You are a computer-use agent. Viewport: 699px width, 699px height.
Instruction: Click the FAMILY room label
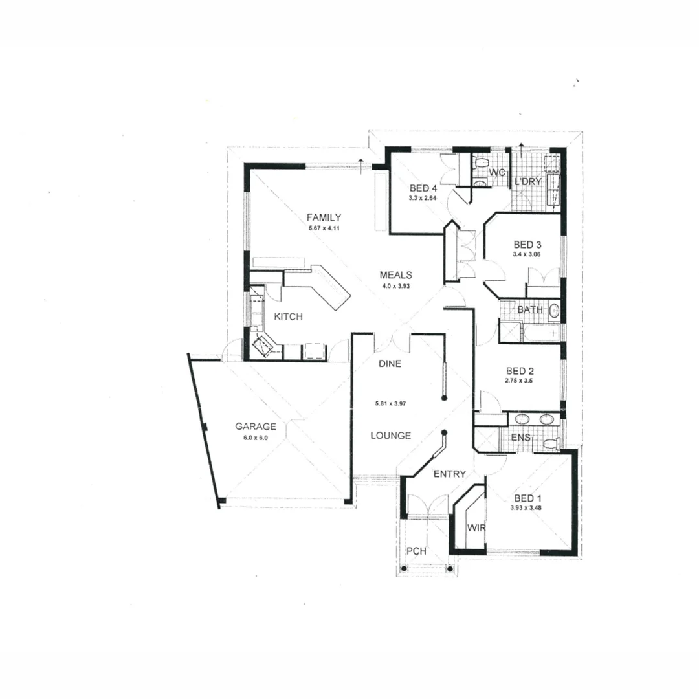(x=324, y=217)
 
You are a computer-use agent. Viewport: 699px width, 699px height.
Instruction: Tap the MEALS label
(x=395, y=275)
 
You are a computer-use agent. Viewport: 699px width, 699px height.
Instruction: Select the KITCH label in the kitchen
(x=288, y=316)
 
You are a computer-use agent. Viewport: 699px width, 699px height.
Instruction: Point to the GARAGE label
(x=256, y=427)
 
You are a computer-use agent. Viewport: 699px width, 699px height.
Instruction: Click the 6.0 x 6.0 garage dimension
(x=256, y=438)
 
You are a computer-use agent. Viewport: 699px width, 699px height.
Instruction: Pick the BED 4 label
(x=424, y=188)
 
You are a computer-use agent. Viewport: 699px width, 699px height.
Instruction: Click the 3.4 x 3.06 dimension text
(x=527, y=255)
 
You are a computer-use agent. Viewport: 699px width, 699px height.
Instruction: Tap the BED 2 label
(x=520, y=371)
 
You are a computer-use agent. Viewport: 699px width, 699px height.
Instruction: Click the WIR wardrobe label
(x=476, y=527)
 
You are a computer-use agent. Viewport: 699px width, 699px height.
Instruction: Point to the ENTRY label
(x=449, y=474)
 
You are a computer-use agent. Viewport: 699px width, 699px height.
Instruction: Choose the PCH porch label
(x=416, y=551)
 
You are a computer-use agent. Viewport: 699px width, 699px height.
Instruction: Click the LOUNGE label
(x=390, y=436)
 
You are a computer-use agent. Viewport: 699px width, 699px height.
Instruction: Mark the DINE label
(x=390, y=364)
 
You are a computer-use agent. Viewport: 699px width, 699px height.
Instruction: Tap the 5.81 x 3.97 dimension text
(x=394, y=403)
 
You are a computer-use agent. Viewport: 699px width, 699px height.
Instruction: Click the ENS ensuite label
(x=520, y=438)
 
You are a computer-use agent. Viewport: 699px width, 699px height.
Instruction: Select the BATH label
(x=530, y=310)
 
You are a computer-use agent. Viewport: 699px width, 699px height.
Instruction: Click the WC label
(x=496, y=172)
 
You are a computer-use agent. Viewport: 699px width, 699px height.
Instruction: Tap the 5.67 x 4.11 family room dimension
(x=324, y=228)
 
